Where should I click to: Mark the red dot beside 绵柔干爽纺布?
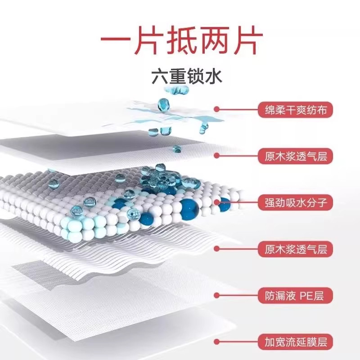click(x=217, y=109)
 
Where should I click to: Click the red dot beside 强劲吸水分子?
click(x=217, y=202)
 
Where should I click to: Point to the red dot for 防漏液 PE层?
click(x=217, y=296)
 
